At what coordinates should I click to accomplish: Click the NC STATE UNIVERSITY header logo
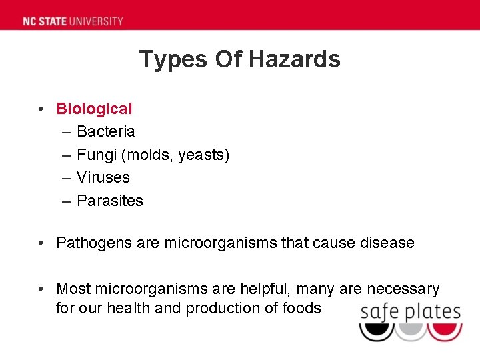(73, 21)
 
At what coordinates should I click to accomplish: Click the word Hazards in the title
(295, 59)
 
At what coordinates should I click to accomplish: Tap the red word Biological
(94, 109)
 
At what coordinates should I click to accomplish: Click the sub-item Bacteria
(105, 131)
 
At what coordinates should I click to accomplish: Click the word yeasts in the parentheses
(202, 155)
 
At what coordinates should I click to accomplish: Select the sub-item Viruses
(103, 177)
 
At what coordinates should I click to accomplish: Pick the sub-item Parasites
(110, 201)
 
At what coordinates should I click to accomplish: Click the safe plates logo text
(410, 311)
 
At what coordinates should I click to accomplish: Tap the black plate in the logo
(376, 330)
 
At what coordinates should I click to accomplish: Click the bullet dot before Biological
(41, 109)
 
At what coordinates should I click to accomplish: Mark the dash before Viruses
(67, 177)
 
